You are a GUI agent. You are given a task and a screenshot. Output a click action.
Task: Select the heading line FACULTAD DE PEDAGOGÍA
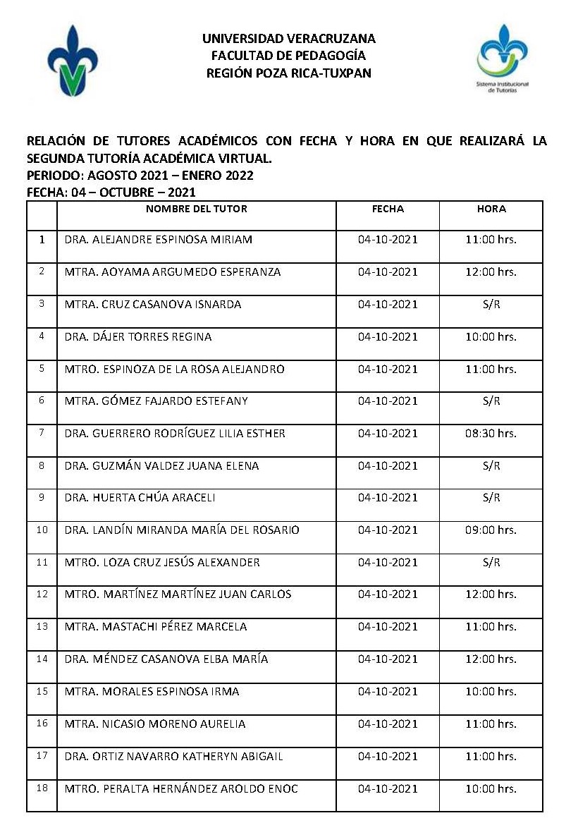288,56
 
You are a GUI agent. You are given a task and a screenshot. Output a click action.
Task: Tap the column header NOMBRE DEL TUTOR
196,209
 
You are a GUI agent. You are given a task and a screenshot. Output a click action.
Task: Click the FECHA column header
388,209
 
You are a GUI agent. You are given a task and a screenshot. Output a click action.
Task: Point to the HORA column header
491,209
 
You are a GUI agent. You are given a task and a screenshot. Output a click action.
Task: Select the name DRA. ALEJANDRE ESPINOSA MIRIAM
158,239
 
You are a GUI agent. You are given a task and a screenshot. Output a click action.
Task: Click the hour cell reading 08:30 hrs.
491,433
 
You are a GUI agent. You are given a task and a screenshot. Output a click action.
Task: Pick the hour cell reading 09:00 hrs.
491,530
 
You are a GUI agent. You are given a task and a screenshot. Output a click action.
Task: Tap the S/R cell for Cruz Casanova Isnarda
491,304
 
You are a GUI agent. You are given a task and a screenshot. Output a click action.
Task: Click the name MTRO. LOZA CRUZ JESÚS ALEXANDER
161,562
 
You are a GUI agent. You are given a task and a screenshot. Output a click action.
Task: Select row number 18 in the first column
42,788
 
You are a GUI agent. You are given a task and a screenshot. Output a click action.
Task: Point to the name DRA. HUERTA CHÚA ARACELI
140,497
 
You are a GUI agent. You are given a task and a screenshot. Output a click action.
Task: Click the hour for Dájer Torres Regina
491,336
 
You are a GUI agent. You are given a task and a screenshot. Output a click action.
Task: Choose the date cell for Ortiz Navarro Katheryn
388,756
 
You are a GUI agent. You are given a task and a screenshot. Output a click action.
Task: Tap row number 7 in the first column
42,432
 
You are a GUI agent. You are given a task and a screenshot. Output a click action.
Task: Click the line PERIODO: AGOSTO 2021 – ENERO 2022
140,175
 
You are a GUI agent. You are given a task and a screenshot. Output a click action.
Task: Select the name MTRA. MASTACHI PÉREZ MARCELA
155,626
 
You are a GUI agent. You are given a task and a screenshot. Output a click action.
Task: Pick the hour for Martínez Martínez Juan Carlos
491,594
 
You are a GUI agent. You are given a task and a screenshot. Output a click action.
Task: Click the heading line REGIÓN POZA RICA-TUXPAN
288,73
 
